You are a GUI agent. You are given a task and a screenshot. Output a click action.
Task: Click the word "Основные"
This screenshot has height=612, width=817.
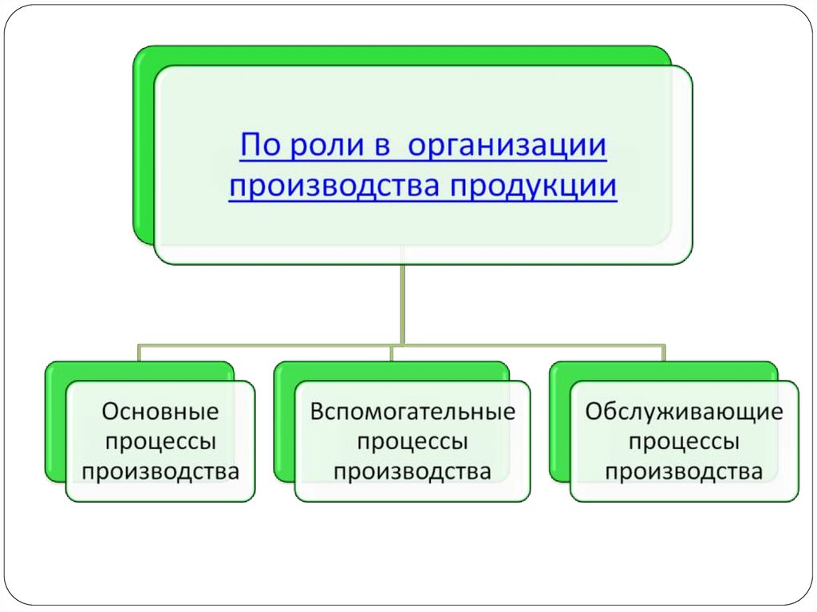click(x=160, y=412)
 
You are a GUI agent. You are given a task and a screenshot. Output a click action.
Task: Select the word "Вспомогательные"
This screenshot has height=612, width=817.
click(x=412, y=412)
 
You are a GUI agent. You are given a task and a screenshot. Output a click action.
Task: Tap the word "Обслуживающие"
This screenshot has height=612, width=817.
click(x=684, y=412)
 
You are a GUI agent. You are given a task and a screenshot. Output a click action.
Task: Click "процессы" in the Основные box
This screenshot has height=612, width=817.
click(x=160, y=441)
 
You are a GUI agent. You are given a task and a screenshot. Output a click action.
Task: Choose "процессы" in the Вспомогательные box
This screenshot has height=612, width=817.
click(x=412, y=441)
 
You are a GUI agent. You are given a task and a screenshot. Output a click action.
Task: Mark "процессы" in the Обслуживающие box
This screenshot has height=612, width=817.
click(x=684, y=441)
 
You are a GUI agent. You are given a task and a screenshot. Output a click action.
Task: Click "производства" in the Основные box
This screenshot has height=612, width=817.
click(x=160, y=471)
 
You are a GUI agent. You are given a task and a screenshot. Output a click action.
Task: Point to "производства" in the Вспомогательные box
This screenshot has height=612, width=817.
click(x=412, y=471)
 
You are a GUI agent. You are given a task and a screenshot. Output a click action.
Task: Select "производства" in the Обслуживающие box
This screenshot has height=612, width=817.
click(x=684, y=471)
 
